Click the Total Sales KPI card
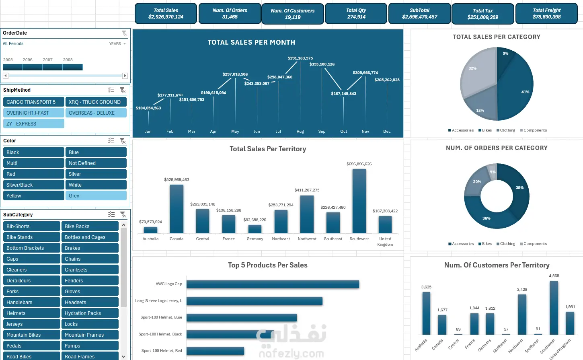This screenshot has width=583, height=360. [166, 14]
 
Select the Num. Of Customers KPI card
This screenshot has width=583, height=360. [292, 14]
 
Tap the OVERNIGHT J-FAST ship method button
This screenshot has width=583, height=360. [34, 113]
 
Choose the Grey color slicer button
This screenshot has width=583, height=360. [96, 196]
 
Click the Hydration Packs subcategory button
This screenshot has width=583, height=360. [89, 313]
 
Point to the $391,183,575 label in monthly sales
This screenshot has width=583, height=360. [300, 58]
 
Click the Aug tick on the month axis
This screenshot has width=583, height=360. [300, 132]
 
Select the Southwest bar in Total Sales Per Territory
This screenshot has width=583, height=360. [359, 201]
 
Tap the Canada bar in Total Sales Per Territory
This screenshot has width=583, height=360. [177, 209]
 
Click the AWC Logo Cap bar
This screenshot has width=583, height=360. [273, 284]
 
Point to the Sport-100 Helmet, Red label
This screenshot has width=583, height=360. [162, 351]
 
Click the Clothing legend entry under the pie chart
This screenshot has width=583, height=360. [506, 130]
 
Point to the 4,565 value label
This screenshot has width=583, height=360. [554, 276]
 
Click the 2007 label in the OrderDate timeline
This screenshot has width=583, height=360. [48, 60]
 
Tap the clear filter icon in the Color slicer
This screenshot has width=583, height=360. [123, 141]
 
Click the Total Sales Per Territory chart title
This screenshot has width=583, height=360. [268, 149]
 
